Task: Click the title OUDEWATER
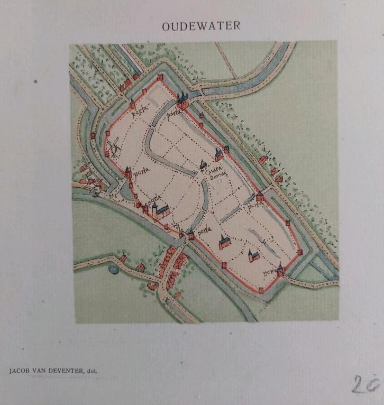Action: coord(201,26)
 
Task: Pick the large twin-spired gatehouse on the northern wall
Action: coord(182,100)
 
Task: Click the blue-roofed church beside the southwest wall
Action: coord(160,210)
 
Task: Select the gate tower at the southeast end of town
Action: coord(280,270)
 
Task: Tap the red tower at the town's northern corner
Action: coord(160,78)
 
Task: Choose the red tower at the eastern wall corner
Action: coord(299,252)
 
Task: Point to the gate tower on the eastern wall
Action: coord(260,197)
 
